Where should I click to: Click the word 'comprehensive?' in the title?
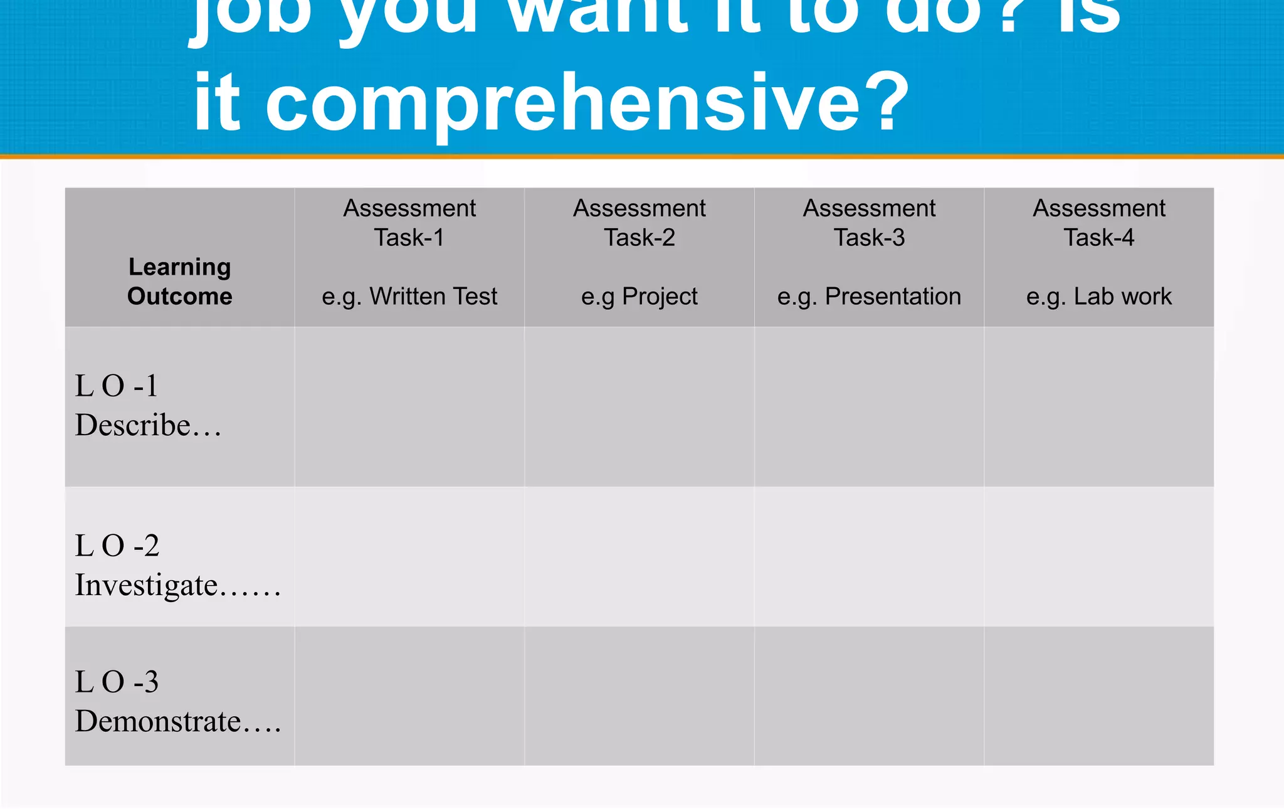(x=587, y=102)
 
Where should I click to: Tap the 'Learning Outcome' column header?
(x=180, y=282)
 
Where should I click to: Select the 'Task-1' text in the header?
(x=409, y=238)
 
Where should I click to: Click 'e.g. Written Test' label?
(x=409, y=296)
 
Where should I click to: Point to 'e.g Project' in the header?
(x=639, y=296)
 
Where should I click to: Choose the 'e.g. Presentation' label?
(x=869, y=296)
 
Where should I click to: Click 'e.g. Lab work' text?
(x=1098, y=296)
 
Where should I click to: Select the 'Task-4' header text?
(x=1098, y=238)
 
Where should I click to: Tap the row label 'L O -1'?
(x=117, y=386)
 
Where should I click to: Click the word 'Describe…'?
(x=148, y=425)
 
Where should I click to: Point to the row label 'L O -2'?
(x=117, y=546)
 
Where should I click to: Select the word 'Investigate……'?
(x=177, y=585)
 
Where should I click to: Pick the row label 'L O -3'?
(x=117, y=682)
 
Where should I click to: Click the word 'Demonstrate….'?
(x=177, y=721)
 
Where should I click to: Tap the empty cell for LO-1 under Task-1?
(x=409, y=406)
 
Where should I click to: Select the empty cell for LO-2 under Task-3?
(x=869, y=556)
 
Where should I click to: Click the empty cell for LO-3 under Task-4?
(x=1098, y=695)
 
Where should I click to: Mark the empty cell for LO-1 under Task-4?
(x=1098, y=406)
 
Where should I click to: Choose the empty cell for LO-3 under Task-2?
(x=639, y=695)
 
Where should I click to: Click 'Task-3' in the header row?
(x=869, y=238)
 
